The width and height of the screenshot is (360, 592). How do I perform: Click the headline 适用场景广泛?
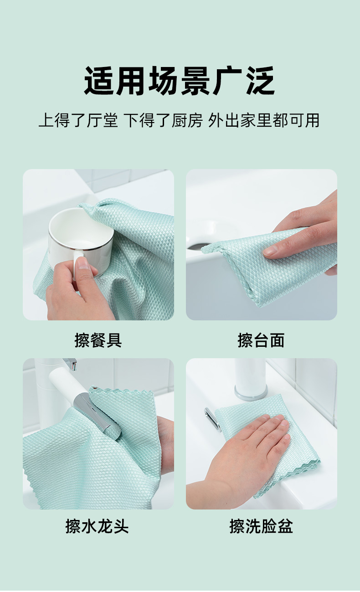coord(180,81)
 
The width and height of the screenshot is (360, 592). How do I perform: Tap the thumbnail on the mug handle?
coord(84,263)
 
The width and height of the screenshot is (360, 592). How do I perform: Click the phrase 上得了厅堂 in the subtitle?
coord(78,120)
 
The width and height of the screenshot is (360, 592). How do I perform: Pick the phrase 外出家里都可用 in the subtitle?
coord(264,120)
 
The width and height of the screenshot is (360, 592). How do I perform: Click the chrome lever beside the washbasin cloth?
coord(212,420)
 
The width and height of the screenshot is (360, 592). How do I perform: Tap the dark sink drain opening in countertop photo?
coord(197,247)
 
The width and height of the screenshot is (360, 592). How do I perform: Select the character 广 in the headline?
coord(227,81)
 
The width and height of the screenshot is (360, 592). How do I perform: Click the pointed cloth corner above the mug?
coord(81,205)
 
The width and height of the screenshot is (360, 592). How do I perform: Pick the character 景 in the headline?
coord(195,81)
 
